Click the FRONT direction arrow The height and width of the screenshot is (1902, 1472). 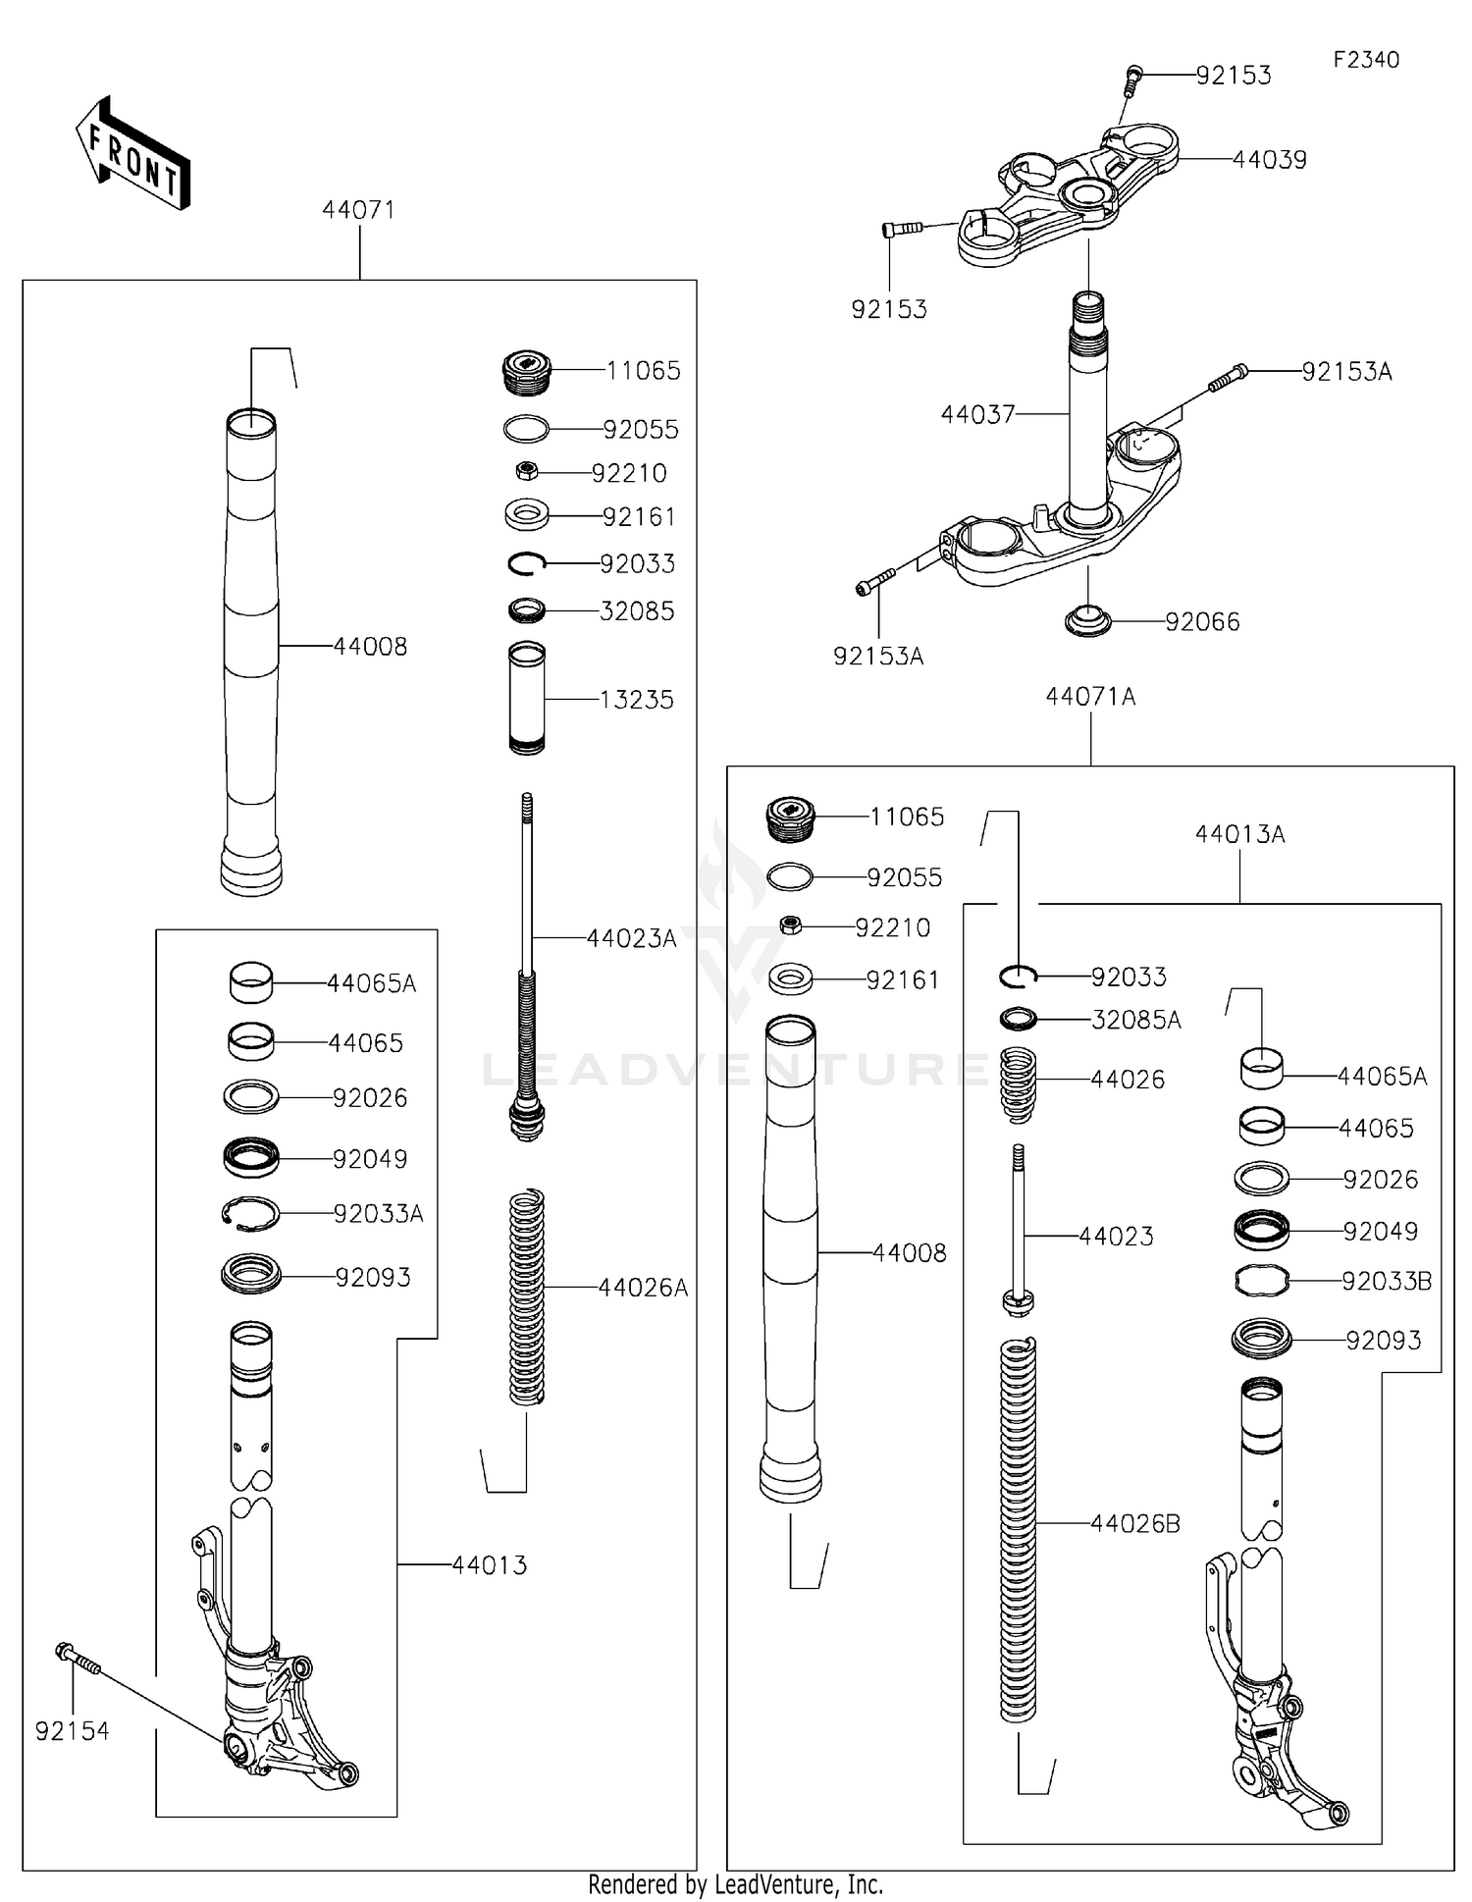(x=132, y=155)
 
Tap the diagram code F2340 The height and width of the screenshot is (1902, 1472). (x=1365, y=60)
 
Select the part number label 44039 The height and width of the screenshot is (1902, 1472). (x=1269, y=160)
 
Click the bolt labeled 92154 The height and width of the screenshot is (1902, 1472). (x=79, y=1659)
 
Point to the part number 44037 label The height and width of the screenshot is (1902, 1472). (x=977, y=414)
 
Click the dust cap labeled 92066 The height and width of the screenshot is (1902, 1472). (x=1087, y=621)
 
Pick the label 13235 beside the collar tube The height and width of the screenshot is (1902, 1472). (x=636, y=700)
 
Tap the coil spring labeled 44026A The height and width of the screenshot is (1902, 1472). (x=527, y=1295)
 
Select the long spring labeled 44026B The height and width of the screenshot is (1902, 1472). (x=1018, y=1531)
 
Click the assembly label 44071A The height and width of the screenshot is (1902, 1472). (x=1090, y=697)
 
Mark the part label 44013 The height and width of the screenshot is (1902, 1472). (x=489, y=1565)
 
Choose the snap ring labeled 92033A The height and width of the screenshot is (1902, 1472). (x=250, y=1214)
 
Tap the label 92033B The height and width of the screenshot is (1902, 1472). (x=1386, y=1281)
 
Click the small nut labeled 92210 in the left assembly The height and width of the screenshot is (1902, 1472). (x=526, y=472)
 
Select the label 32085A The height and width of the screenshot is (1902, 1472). (x=1135, y=1021)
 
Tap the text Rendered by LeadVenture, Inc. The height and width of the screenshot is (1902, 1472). (x=735, y=1884)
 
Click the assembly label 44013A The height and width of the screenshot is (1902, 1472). (x=1239, y=834)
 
